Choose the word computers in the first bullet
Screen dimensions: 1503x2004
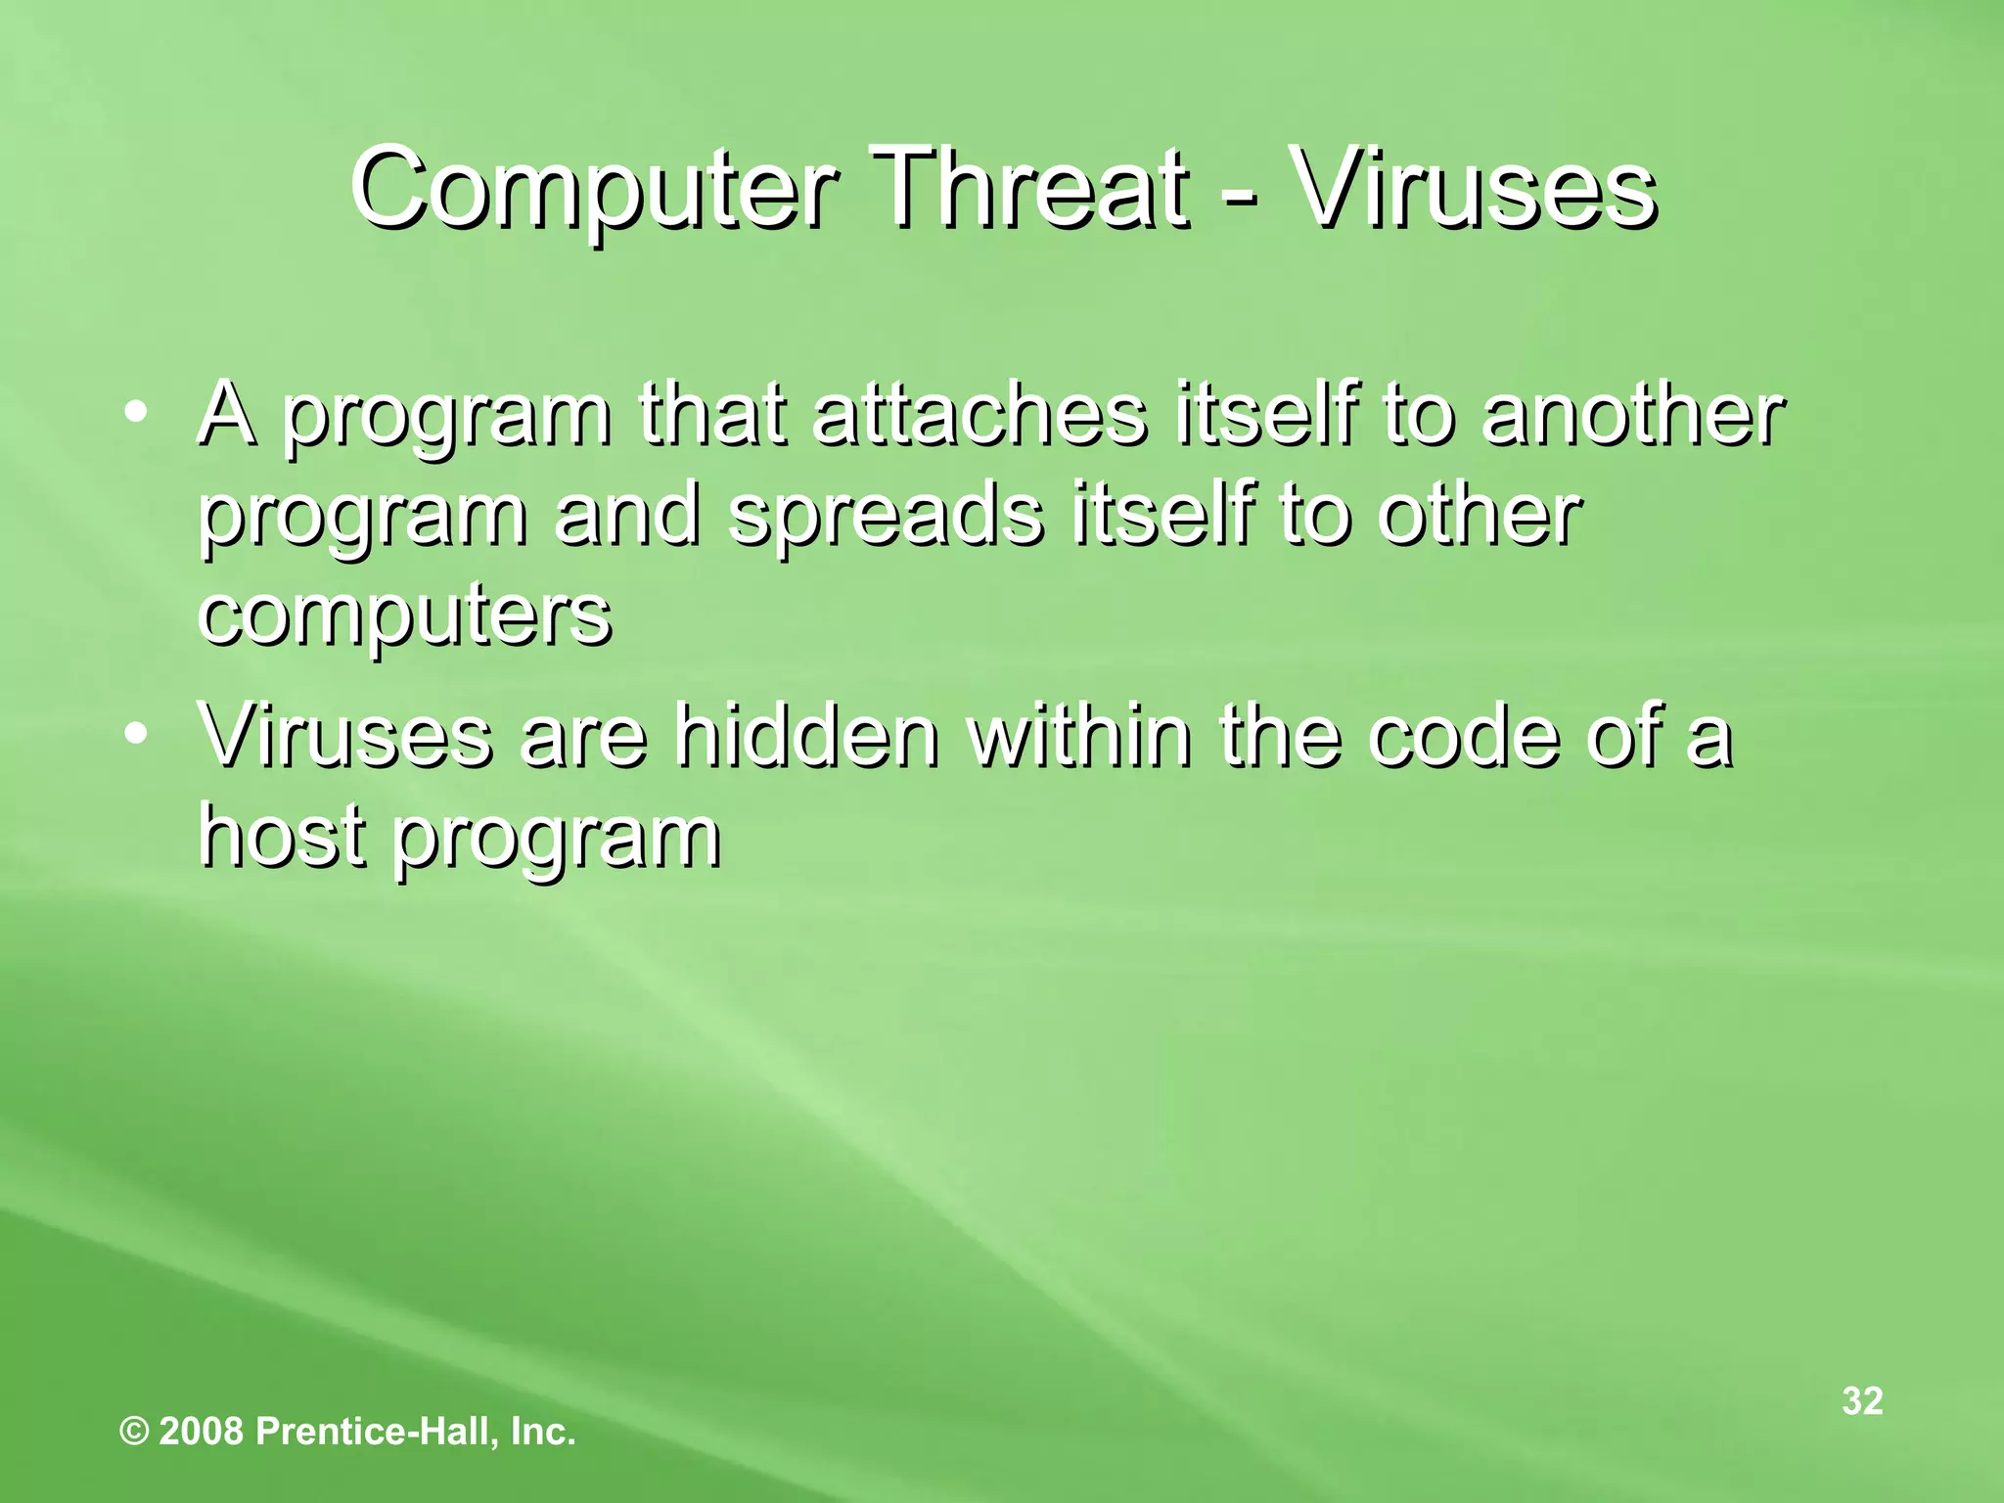click(x=405, y=618)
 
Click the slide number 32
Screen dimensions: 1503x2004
click(x=1862, y=1400)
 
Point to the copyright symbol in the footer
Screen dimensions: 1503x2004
click(x=134, y=1433)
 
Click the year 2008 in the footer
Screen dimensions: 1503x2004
click(x=201, y=1433)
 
